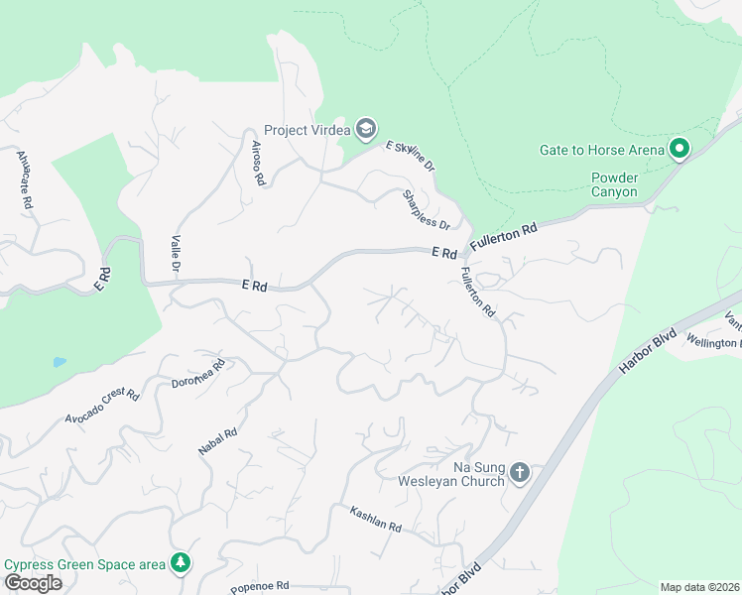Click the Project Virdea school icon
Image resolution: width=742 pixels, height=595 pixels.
click(x=366, y=129)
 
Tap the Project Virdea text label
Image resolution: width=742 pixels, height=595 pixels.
click(x=309, y=130)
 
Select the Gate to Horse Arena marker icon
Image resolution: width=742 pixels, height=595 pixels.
click(x=680, y=150)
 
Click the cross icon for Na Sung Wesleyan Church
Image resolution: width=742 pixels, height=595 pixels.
click(x=521, y=474)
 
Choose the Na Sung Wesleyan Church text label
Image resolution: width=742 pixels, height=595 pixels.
click(x=464, y=474)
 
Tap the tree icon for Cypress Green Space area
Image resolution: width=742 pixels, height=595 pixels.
click(x=180, y=563)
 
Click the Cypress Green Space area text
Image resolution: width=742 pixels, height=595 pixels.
click(x=85, y=564)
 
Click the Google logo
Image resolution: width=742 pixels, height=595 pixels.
click(x=33, y=583)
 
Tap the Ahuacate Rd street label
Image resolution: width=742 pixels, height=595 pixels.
click(x=25, y=178)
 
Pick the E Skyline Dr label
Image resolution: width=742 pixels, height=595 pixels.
click(x=411, y=157)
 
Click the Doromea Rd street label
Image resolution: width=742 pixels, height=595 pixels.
click(x=198, y=373)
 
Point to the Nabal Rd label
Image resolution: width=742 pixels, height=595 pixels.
click(x=217, y=441)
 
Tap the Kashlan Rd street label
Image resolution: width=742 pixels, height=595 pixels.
click(x=375, y=519)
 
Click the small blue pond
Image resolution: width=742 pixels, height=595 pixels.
click(x=60, y=362)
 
